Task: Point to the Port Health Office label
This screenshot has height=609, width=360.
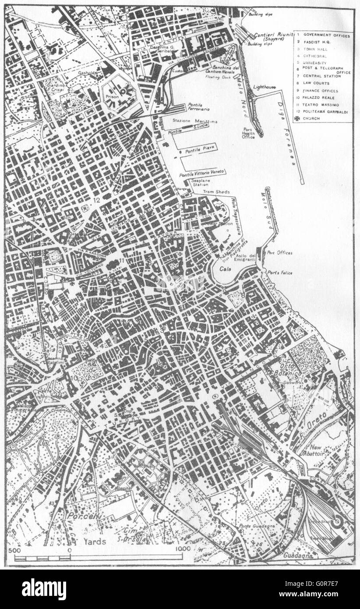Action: pos(249,133)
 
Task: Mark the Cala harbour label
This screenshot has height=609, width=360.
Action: pos(226,269)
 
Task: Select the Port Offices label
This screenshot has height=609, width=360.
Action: pos(279,252)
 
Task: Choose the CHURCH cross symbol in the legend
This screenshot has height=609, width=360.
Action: pos(298,118)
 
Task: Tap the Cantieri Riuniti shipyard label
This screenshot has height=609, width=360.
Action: pos(273,36)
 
